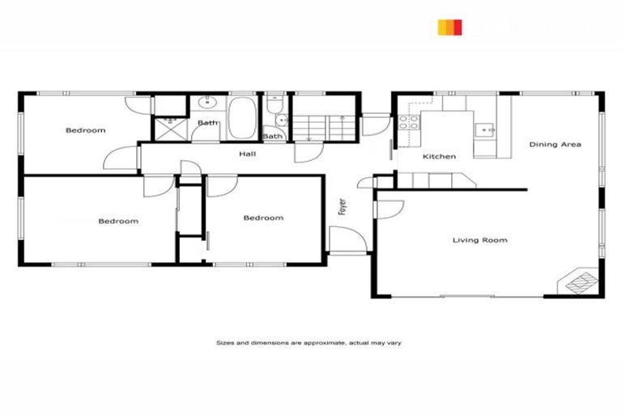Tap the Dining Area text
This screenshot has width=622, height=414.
point(555,145)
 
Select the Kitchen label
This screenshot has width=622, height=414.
point(439,156)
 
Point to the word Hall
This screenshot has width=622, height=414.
point(247,153)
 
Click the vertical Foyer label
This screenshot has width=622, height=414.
point(343,206)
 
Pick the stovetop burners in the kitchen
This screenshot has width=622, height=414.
point(407,123)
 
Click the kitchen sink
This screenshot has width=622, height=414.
point(485,128)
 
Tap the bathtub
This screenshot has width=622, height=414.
point(241,118)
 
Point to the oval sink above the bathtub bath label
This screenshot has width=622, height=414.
point(208,102)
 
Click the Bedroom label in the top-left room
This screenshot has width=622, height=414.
point(85,130)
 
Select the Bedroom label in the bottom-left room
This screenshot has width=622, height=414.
point(118,221)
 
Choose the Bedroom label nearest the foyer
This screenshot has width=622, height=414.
point(263,218)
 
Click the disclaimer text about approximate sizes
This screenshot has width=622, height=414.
point(309,343)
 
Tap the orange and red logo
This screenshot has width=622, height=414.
point(449,27)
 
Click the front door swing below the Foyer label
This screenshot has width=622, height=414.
point(347,239)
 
